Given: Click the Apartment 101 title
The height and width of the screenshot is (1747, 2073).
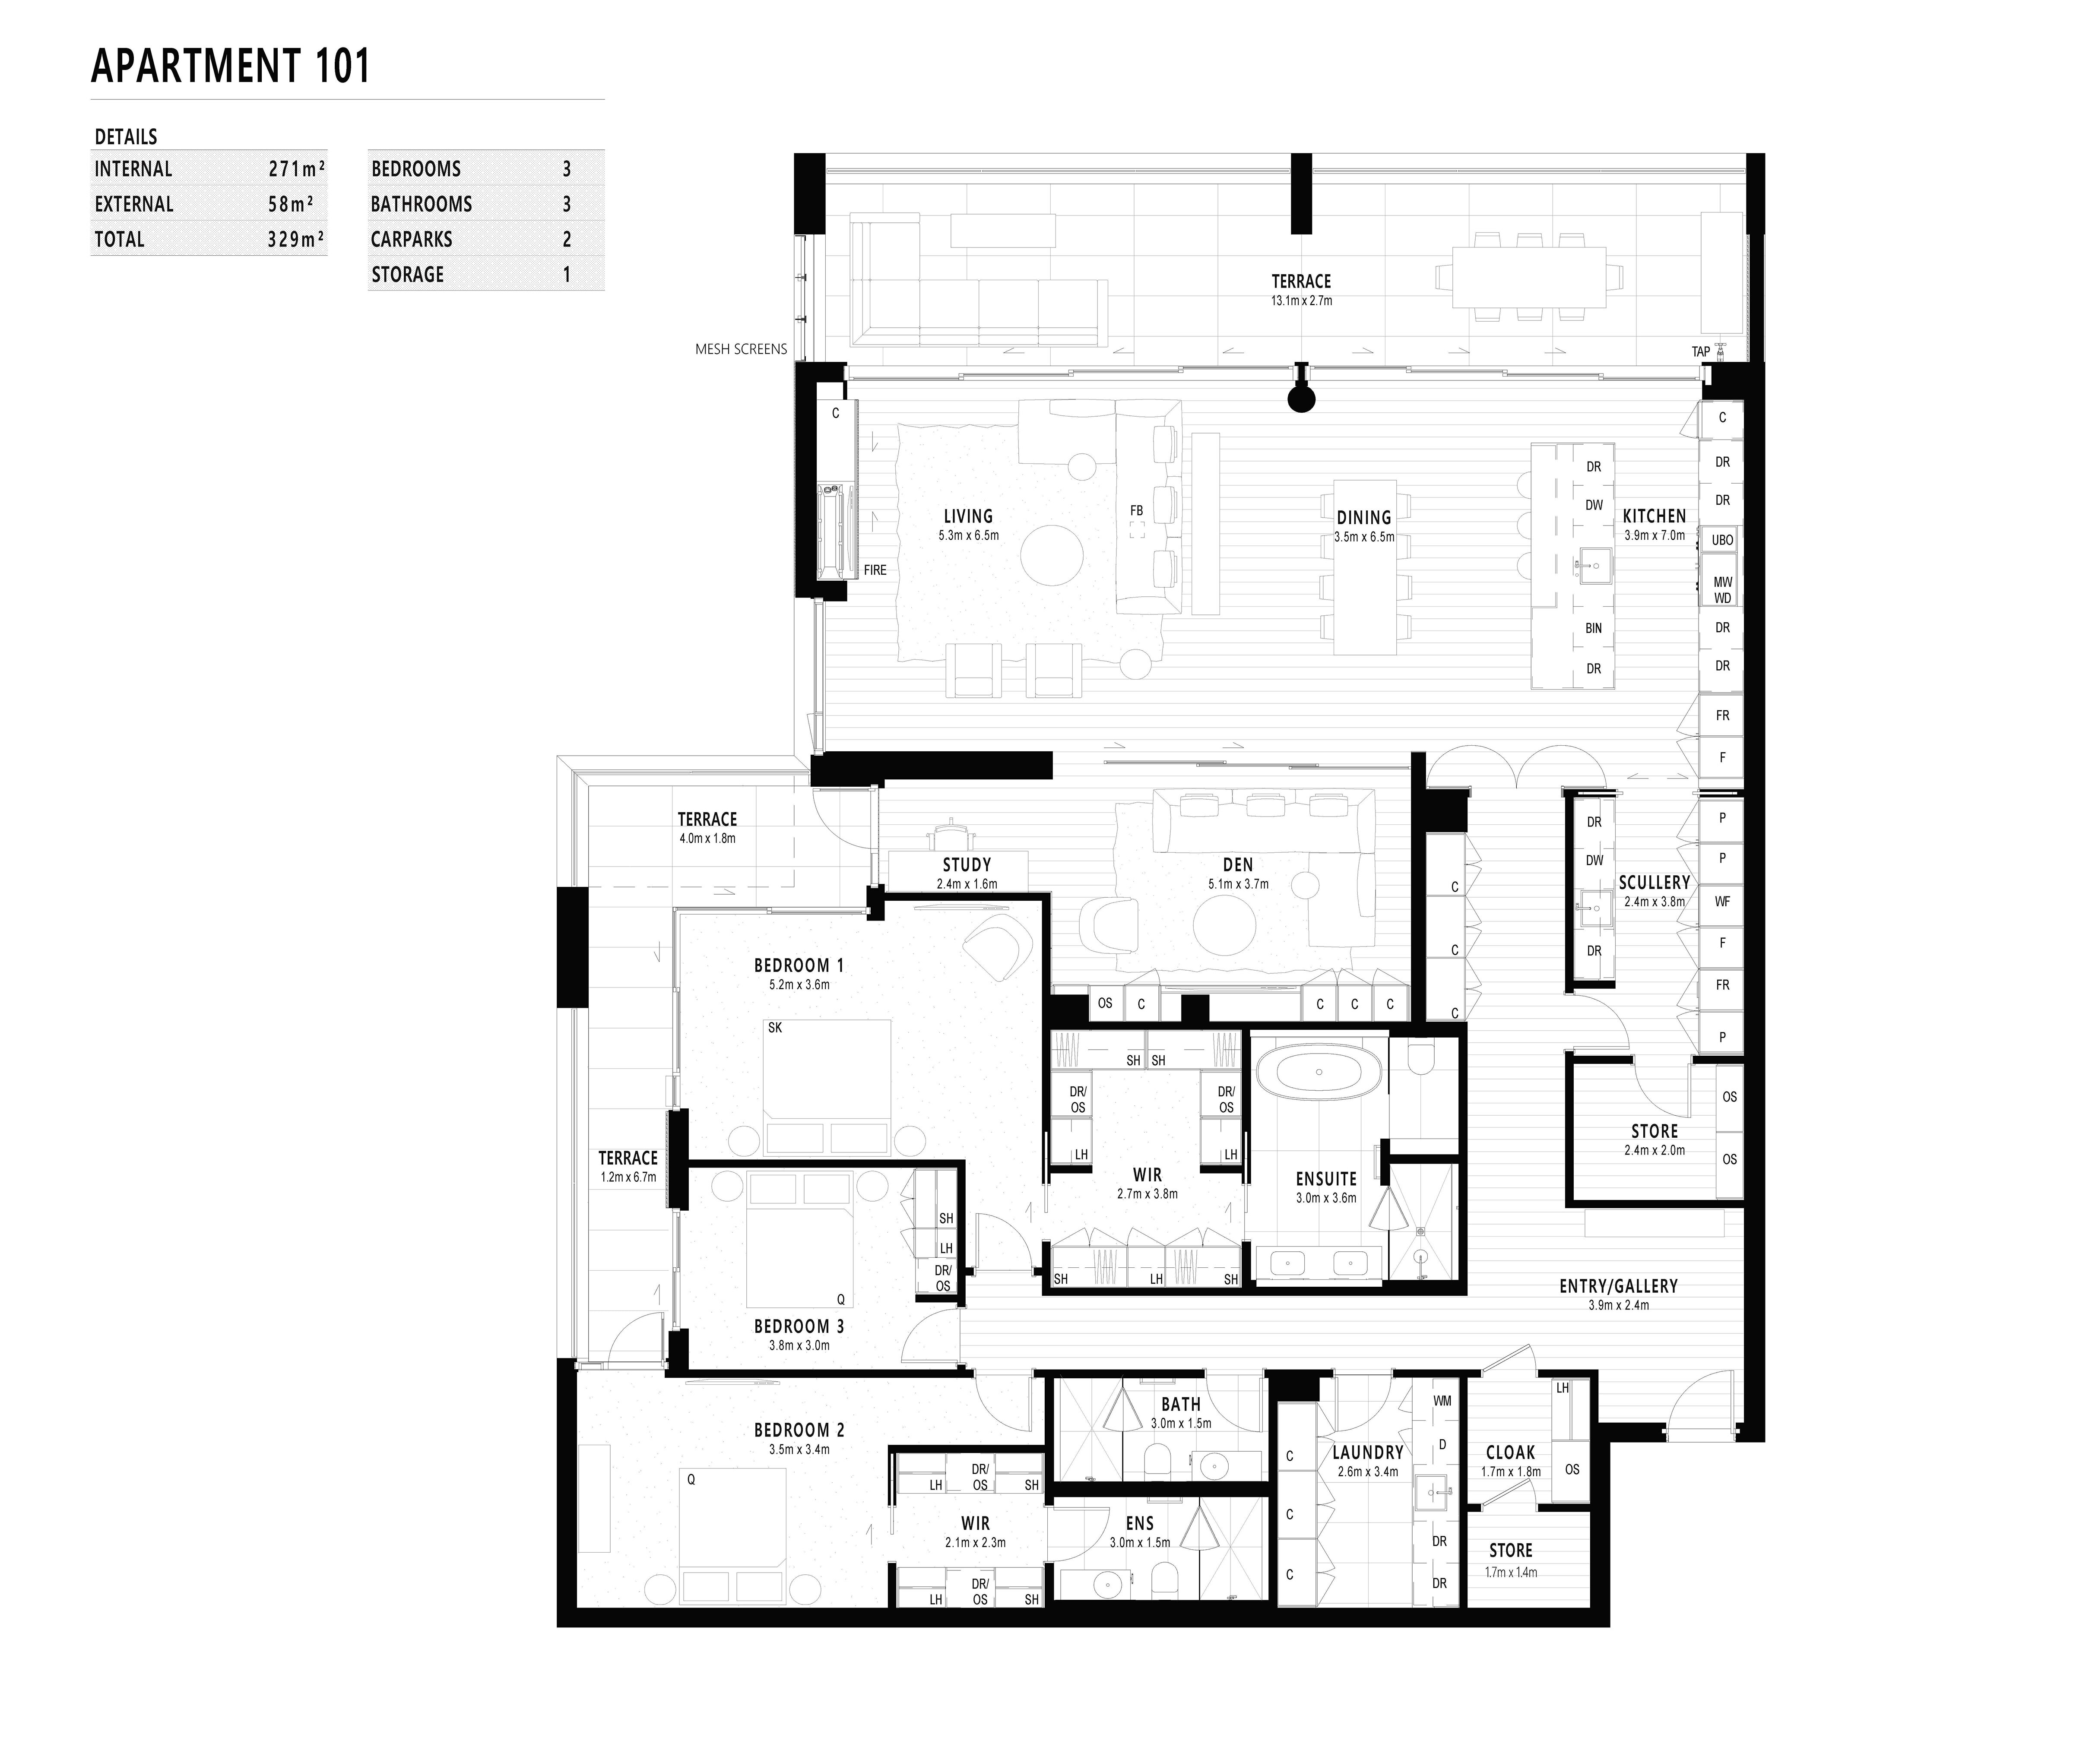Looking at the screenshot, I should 231,66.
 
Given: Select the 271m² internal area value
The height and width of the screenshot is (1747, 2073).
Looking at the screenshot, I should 296,169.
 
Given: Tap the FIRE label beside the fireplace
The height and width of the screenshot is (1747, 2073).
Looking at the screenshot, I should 875,570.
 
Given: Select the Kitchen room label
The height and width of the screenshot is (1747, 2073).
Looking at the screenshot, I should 1654,516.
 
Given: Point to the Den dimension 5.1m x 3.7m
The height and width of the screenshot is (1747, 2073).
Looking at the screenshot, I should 1238,884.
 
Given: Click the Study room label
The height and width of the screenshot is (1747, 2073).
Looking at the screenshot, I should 967,864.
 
